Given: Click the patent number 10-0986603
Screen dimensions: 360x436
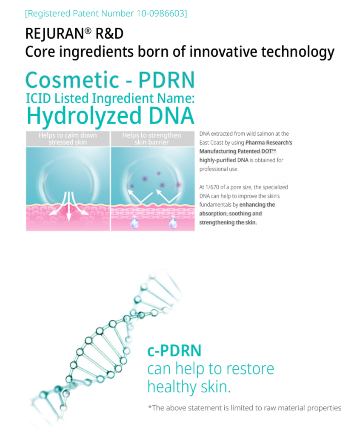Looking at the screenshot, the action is (x=160, y=13).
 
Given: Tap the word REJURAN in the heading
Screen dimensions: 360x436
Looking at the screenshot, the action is (x=54, y=34).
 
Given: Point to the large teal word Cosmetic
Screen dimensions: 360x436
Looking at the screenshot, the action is (x=72, y=80).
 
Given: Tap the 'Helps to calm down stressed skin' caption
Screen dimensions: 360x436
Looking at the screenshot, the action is (x=68, y=139).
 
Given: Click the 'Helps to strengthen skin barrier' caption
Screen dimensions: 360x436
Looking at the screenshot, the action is (x=152, y=139).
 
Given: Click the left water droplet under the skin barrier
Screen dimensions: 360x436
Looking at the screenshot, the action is (x=134, y=223).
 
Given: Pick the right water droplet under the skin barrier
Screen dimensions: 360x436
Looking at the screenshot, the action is (x=173, y=223).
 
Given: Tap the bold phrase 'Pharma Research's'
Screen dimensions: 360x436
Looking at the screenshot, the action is (x=269, y=143).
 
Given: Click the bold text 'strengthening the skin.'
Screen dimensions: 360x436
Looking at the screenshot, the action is (x=228, y=222).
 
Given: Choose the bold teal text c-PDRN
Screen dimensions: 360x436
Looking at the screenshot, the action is (x=174, y=351).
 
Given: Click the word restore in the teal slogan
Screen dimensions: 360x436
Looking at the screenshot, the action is (x=250, y=369).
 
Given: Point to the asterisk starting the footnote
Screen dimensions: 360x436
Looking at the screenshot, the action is (x=150, y=407).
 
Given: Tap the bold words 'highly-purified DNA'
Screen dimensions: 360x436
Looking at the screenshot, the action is (x=224, y=160).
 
